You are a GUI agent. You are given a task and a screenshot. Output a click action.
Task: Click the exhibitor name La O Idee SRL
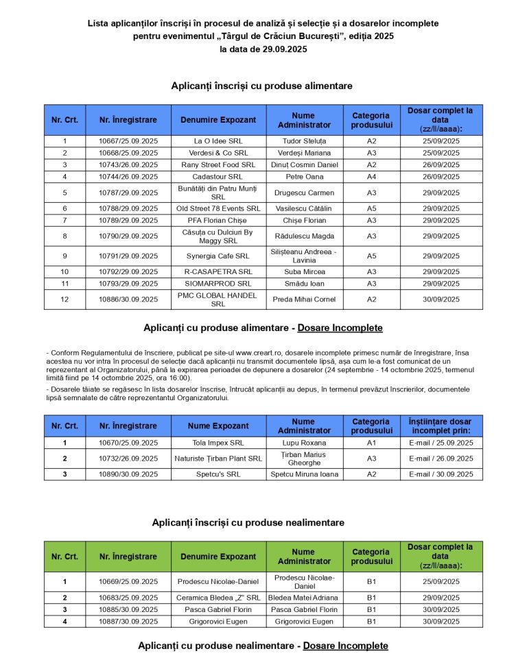coord(219,140)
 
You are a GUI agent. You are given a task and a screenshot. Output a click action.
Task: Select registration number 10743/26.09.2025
coord(128,164)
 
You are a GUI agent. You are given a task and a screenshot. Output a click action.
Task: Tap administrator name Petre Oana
coord(305,176)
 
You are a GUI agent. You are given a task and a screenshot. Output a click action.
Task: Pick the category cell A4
coord(371,176)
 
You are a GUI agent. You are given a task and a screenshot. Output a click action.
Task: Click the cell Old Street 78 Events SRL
coord(219,208)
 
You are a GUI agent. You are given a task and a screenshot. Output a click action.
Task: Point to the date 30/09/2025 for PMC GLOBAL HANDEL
coord(441,300)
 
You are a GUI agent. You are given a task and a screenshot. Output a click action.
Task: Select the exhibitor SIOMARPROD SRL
coord(219,283)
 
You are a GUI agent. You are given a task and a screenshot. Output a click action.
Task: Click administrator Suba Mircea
coord(305,271)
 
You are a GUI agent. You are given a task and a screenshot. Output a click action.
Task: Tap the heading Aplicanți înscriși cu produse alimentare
coord(262,86)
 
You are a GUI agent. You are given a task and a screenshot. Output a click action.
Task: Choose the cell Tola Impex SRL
coord(219,443)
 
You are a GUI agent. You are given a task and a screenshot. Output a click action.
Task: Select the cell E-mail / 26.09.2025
coord(441,459)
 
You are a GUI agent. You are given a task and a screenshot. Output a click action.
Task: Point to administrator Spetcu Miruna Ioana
coord(305,474)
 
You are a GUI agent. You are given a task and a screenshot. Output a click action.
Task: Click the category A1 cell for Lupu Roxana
coord(371,443)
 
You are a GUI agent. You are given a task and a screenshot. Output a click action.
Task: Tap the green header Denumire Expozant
coord(219,557)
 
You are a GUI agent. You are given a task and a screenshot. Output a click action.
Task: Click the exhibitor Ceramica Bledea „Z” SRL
coord(219,598)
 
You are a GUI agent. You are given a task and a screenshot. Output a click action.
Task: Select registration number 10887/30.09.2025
coord(128,622)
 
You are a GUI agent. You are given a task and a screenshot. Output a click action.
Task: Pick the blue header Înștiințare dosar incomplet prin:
coord(441,426)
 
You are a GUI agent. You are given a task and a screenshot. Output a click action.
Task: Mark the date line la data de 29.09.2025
coord(263,49)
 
